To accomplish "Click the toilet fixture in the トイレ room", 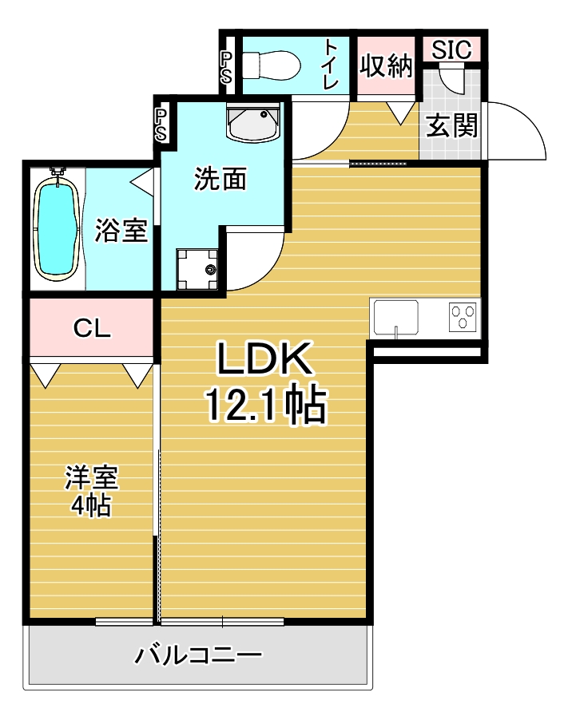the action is tap(272, 65).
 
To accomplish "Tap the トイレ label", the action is tap(330, 64).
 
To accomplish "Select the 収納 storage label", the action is tap(386, 66).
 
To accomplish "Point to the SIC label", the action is tap(451, 49).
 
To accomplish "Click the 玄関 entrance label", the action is tap(451, 125).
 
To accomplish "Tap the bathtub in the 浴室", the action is tap(58, 228).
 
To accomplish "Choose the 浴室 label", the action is tap(121, 230).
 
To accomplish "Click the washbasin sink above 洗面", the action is tap(253, 122).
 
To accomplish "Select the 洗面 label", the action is tap(220, 179).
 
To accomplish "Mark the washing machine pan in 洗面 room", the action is tap(197, 269).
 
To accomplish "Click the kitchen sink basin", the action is tap(396, 318).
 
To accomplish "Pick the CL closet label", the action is tap(92, 328).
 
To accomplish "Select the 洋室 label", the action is tap(92, 478).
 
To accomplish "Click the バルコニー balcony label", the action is tap(198, 655).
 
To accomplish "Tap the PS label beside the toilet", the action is tap(226, 68).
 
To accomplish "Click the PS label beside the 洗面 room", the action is tap(161, 125).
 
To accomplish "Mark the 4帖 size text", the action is tap(90, 505).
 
